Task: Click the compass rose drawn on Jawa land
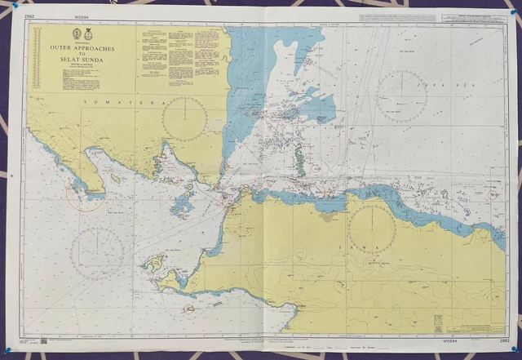pyautogui.click(x=372, y=226)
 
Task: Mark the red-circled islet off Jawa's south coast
pyautogui.click(x=188, y=309)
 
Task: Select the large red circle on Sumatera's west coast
pyautogui.click(x=85, y=196)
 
